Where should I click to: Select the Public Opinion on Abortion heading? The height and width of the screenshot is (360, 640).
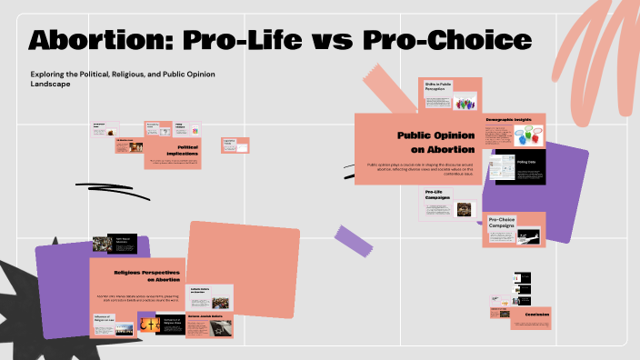click(435, 142)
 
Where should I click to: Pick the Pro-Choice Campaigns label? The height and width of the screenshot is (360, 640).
click(509, 222)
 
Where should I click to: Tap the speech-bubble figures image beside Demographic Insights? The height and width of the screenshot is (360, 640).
click(527, 136)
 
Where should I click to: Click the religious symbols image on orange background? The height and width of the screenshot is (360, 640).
click(148, 324)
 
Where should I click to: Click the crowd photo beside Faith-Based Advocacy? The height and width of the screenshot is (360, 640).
click(102, 244)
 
